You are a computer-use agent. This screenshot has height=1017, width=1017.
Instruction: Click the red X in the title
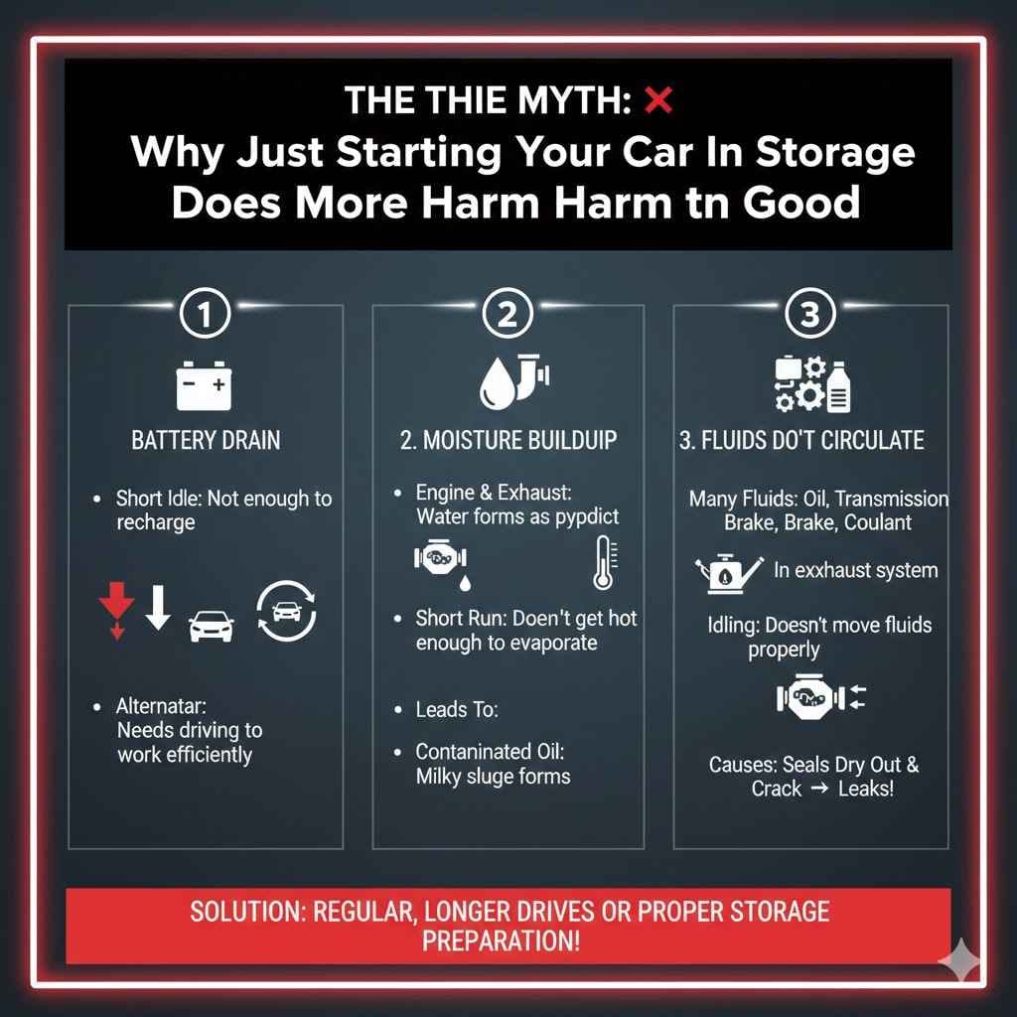pos(658,100)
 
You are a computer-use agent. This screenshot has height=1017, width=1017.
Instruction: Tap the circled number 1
pos(205,314)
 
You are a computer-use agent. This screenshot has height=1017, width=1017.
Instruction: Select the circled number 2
pos(508,313)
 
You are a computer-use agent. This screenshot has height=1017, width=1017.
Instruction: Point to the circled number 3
pos(810,313)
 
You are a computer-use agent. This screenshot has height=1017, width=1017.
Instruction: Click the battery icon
pos(204,386)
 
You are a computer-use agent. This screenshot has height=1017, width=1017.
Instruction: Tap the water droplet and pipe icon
pos(514,382)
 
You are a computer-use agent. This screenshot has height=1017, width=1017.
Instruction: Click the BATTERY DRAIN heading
pos(207,440)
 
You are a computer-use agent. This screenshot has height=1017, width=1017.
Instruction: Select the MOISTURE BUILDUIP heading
pos(508,440)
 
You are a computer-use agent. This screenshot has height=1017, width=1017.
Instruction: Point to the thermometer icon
pos(605,562)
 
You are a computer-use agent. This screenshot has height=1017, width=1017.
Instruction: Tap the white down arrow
pos(158,608)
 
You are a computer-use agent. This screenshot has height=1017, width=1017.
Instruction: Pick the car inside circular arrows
pos(286,612)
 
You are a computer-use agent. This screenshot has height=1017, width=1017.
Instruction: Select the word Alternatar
pos(162,706)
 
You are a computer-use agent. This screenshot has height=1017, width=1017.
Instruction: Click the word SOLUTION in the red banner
pos(247,912)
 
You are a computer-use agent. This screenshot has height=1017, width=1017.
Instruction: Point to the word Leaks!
pos(866,789)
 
